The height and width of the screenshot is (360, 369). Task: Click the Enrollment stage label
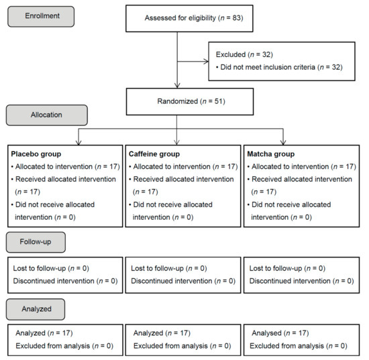(x=41, y=17)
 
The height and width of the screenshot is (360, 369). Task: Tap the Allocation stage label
(x=47, y=115)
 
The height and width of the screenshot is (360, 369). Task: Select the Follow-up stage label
(x=36, y=242)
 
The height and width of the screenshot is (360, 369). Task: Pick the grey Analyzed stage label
(x=36, y=309)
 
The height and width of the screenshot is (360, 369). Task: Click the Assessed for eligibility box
(x=189, y=19)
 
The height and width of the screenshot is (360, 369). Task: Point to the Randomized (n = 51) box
(x=190, y=102)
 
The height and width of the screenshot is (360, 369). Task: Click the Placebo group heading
(x=36, y=154)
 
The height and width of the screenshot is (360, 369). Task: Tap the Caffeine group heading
(x=154, y=154)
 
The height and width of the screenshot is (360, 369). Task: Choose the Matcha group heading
(x=271, y=154)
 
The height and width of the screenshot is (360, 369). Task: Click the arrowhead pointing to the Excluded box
(x=207, y=62)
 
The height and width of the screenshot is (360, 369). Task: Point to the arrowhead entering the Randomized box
(x=177, y=86)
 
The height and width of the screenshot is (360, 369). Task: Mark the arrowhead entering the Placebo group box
(x=78, y=143)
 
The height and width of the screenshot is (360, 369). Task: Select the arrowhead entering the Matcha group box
(x=283, y=143)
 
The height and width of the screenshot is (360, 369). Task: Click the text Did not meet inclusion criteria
(x=268, y=67)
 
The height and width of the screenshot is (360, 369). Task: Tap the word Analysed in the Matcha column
(x=266, y=333)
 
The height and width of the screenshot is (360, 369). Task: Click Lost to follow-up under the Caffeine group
(x=157, y=268)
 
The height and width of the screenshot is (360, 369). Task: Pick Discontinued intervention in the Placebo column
(x=54, y=281)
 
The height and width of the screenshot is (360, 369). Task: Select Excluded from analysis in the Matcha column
(x=287, y=346)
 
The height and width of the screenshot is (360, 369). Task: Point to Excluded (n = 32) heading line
(x=244, y=54)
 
